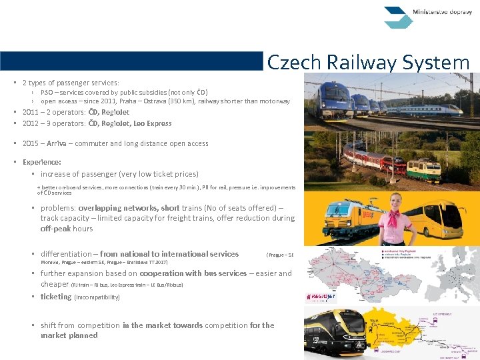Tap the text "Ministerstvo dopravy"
443,12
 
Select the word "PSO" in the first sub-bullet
47,92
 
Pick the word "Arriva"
57,143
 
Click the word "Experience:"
41,162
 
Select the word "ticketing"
55,297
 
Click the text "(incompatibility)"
97,297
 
